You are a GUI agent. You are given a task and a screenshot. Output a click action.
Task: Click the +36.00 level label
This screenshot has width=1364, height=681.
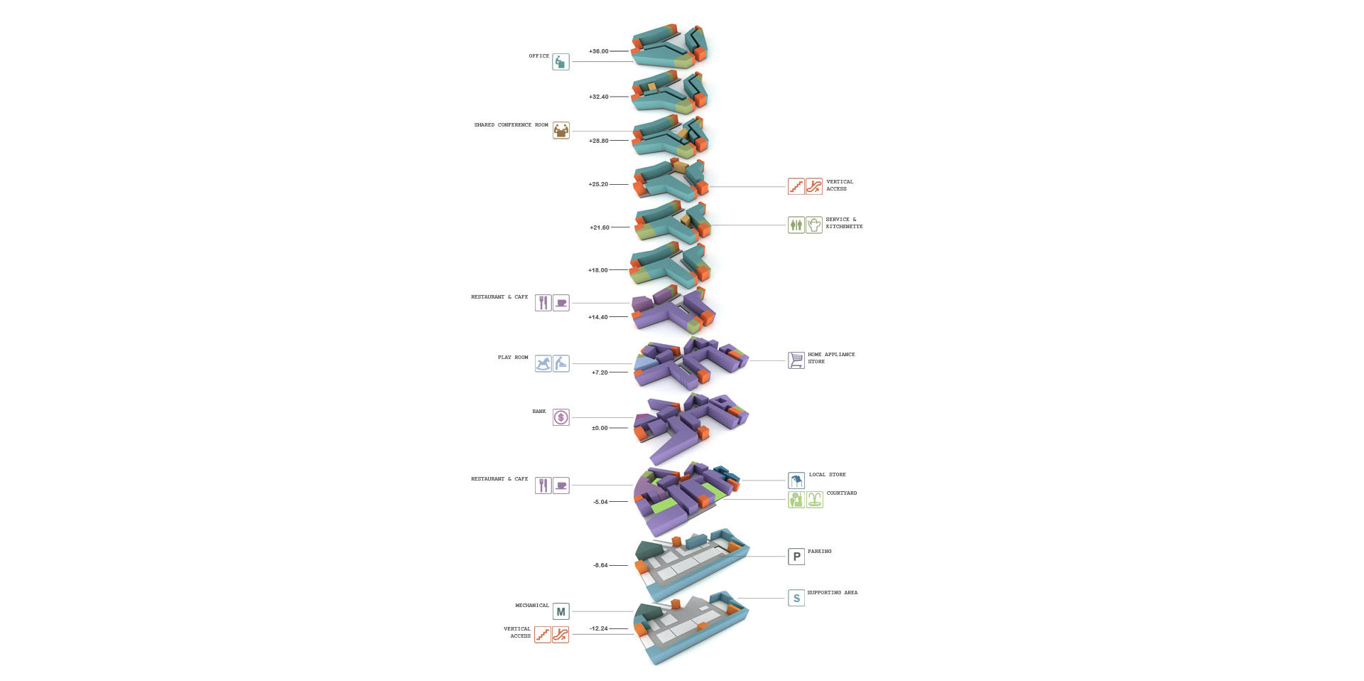pyautogui.click(x=598, y=51)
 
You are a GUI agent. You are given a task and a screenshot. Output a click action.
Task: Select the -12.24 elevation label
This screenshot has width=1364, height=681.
pyautogui.click(x=599, y=628)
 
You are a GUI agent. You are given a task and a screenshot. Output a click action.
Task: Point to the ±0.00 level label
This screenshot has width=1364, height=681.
pyautogui.click(x=600, y=428)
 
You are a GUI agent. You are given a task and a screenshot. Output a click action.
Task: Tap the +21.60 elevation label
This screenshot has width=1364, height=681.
pyautogui.click(x=599, y=227)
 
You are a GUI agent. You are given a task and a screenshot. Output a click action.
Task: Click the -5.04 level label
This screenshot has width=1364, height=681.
pyautogui.click(x=600, y=502)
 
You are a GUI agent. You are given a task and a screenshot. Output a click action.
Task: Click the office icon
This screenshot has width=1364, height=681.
pyautogui.click(x=561, y=62)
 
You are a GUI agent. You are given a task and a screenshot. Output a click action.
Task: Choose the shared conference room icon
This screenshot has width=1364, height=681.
pyautogui.click(x=561, y=131)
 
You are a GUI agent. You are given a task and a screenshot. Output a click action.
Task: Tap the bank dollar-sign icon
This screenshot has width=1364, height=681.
pyautogui.click(x=561, y=417)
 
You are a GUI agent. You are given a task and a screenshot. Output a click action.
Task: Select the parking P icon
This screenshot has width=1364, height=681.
pyautogui.click(x=796, y=557)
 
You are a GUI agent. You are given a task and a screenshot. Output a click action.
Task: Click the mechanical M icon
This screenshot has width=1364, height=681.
pyautogui.click(x=561, y=611)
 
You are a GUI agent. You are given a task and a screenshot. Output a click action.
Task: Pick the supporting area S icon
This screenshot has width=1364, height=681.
pyautogui.click(x=796, y=598)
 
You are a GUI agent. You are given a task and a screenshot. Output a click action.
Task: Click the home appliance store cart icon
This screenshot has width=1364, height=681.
pyautogui.click(x=796, y=360)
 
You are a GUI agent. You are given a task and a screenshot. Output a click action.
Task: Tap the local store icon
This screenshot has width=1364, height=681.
pyautogui.click(x=796, y=481)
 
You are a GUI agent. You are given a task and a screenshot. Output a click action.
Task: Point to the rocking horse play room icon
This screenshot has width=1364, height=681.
pyautogui.click(x=543, y=364)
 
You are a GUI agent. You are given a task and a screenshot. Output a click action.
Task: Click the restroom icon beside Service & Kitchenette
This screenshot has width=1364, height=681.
pyautogui.click(x=796, y=225)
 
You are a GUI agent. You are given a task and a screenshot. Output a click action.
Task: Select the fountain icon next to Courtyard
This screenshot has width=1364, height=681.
pyautogui.click(x=814, y=500)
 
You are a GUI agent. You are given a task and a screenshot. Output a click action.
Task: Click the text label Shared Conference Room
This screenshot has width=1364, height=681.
pyautogui.click(x=511, y=125)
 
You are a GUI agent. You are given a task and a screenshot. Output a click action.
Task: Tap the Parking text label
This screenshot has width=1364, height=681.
pyautogui.click(x=819, y=552)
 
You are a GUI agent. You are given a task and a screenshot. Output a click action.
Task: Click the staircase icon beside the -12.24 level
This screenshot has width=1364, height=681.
pyautogui.click(x=543, y=635)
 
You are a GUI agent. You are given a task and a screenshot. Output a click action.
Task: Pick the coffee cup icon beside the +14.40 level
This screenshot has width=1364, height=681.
pyautogui.click(x=561, y=304)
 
